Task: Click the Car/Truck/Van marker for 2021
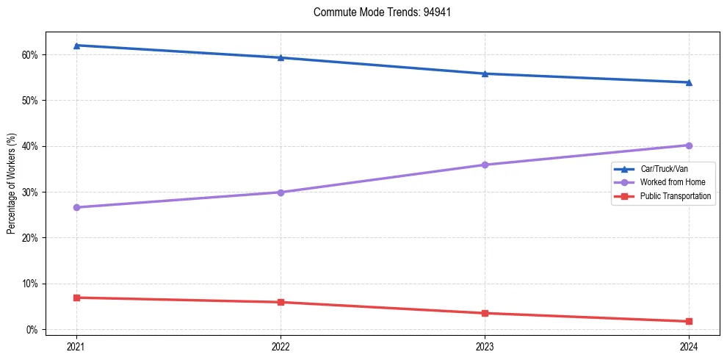coord(76,46)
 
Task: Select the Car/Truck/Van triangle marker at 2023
coord(485,73)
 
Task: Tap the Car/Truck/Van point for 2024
coord(689,82)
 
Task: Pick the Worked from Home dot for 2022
coord(281,192)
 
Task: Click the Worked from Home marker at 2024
coord(689,145)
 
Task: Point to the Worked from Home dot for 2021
coord(76,207)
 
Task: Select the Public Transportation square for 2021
coord(76,298)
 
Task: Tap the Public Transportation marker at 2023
coord(485,313)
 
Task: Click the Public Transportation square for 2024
coord(689,321)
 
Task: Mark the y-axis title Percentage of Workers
coord(12,184)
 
